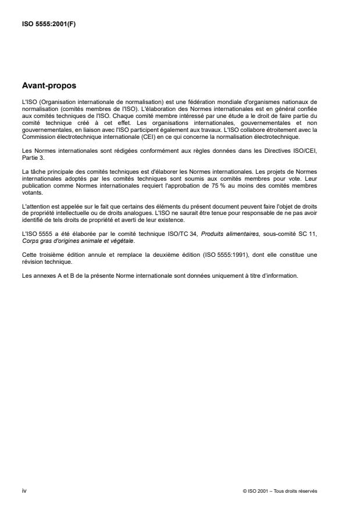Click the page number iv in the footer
point(24,490)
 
